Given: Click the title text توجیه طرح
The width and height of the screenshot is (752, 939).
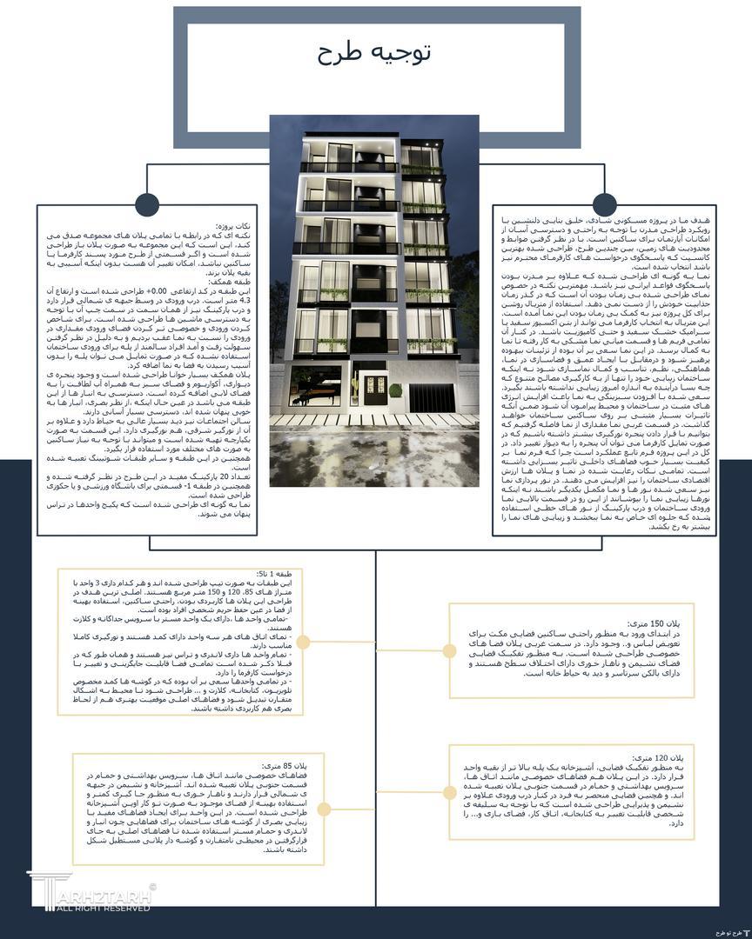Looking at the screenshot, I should point(375,54).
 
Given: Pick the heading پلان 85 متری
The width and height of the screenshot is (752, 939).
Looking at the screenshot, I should point(291,765).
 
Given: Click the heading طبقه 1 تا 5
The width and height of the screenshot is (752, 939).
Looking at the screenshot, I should point(279,575).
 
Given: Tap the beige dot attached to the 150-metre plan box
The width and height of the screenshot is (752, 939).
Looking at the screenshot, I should point(449,651).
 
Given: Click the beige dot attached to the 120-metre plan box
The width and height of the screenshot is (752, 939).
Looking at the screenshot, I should point(449,792).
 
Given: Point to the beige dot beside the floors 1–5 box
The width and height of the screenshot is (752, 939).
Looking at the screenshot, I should point(303,642).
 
